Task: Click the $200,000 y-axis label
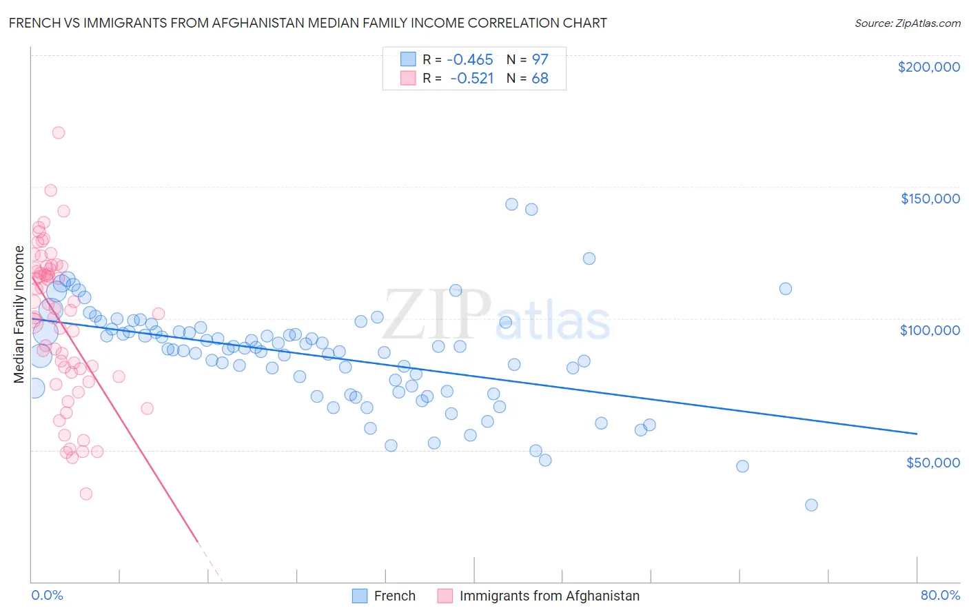coord(928,67)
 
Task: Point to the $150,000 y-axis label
coord(930,199)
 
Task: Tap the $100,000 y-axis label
coord(930,330)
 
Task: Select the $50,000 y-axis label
coord(932,462)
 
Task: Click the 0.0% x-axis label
coord(47,595)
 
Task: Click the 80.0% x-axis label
coord(940,595)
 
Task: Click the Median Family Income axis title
coord(19,314)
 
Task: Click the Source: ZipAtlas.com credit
coord(907,23)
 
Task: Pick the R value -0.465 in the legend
coord(471,59)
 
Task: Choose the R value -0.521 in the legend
coord(472,78)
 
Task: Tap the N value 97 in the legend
coord(540,59)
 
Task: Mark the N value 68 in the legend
coord(540,78)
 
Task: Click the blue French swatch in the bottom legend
coord(360,596)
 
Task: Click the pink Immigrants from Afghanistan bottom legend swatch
coord(445,596)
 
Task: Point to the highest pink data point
coord(59,132)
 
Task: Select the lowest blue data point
coord(811,505)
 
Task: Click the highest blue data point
coord(511,204)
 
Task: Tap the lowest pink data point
coord(86,494)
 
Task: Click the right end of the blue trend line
coord(917,434)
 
